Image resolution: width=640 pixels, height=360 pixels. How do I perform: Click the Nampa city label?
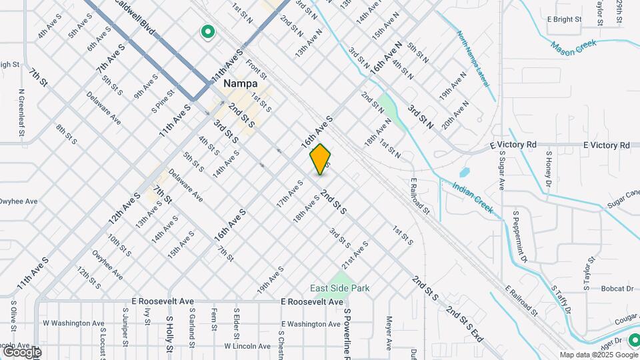pos(240,84)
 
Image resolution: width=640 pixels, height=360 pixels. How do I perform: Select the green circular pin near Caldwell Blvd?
pos(207,31)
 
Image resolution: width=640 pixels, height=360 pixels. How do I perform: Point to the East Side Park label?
pos(339,288)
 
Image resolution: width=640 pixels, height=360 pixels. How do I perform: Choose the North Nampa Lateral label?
pos(473,59)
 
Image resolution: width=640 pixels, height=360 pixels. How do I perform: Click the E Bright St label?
pos(565,19)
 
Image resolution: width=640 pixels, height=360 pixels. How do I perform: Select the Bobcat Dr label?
pos(616,289)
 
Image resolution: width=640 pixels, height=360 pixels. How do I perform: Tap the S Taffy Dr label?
pos(561,299)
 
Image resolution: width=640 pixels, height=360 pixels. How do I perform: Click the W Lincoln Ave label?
pos(247,346)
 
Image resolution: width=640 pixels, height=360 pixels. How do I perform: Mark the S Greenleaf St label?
pos(21,114)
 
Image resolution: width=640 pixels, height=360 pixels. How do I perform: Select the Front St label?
pos(256,67)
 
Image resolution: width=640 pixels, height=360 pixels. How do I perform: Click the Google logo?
pos(22,351)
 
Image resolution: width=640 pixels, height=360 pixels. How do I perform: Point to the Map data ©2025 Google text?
pos(598,355)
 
